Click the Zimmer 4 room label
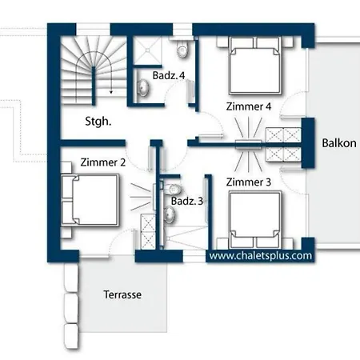tap(249, 106)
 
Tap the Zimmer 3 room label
tap(249, 182)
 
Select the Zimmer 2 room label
tap(103, 162)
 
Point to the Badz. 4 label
tap(169, 75)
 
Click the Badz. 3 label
tap(187, 201)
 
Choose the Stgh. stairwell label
tap(98, 122)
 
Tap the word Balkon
tap(339, 143)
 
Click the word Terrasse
tap(122, 294)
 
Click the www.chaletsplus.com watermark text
tap(261, 256)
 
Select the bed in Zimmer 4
tap(255, 66)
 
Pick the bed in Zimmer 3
tap(255, 219)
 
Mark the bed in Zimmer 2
tap(90, 201)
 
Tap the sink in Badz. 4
tap(143, 87)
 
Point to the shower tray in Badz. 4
tap(147, 50)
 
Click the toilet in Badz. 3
tap(172, 190)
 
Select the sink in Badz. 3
tap(170, 214)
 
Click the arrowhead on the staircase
tap(111, 92)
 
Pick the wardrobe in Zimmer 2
tap(148, 231)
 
